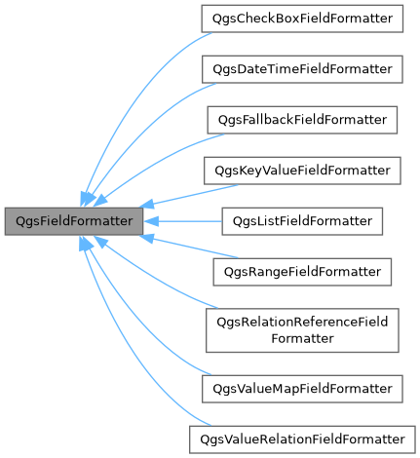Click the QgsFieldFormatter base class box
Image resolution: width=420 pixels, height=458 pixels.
(x=74, y=221)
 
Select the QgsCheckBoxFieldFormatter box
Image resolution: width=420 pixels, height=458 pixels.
(x=302, y=19)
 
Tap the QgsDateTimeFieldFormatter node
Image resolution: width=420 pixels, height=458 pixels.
(x=302, y=69)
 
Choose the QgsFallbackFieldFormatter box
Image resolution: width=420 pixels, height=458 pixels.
(x=302, y=120)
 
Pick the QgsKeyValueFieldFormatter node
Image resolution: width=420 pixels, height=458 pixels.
(x=302, y=171)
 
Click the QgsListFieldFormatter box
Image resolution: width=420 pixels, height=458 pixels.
(x=302, y=221)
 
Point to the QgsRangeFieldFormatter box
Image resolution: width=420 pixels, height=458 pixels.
(x=302, y=272)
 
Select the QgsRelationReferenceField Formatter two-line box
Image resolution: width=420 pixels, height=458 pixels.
(x=302, y=330)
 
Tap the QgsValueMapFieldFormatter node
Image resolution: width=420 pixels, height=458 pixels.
(x=302, y=389)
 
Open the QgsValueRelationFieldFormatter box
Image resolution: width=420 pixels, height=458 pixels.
(x=302, y=439)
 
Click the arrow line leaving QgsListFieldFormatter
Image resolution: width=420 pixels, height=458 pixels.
(x=185, y=221)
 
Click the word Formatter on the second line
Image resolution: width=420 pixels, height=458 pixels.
(x=302, y=338)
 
